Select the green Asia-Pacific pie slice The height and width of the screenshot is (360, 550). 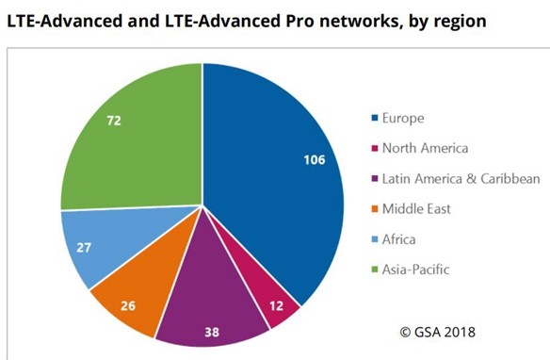[132, 141]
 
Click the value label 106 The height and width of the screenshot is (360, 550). [314, 159]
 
